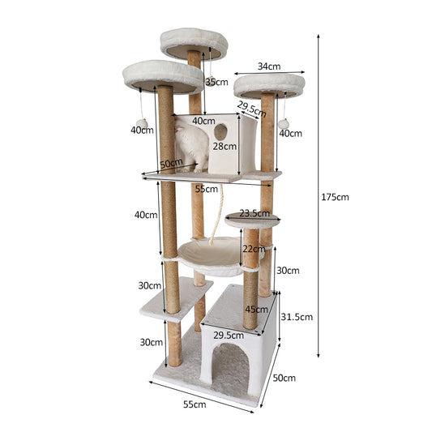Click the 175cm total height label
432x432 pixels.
335,197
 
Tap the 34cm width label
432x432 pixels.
269,66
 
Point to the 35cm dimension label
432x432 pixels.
217,82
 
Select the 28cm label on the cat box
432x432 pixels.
225,146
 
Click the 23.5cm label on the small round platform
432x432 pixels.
254,213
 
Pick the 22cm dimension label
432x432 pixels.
254,249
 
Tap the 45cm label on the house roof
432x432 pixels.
256,310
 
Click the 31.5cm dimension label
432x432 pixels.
297,317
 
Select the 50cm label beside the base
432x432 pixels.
284,378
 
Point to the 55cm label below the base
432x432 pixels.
195,404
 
